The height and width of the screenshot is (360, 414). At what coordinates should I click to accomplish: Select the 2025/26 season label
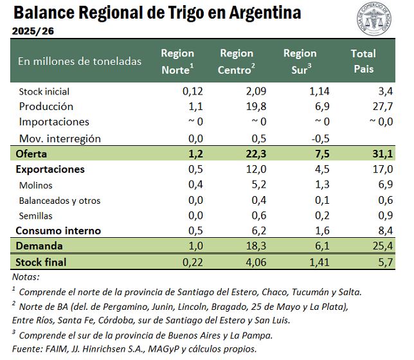[x=32, y=30]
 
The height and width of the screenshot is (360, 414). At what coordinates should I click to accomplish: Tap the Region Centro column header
[x=237, y=61]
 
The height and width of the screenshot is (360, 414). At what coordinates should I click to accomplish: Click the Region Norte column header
[x=177, y=61]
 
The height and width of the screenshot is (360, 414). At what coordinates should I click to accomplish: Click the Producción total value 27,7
[x=384, y=107]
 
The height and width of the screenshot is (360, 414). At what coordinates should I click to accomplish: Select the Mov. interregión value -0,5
[x=320, y=138]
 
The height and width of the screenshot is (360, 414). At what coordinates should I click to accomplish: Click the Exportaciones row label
[x=50, y=170]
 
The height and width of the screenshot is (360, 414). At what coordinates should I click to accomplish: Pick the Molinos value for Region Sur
[x=322, y=185]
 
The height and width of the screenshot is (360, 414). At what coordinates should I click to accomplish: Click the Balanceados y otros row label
[x=59, y=201]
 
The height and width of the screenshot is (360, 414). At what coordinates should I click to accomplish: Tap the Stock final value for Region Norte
[x=193, y=262]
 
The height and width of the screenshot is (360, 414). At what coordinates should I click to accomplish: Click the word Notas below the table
[x=26, y=276]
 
